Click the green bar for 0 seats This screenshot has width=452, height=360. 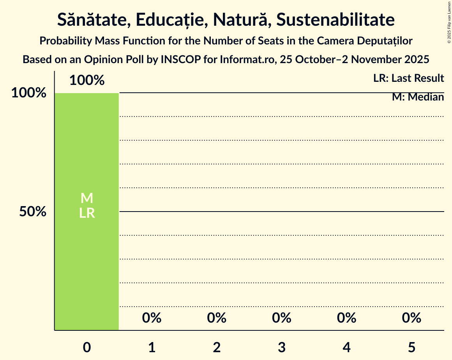pyautogui.click(x=87, y=156)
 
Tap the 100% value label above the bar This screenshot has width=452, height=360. pyautogui.click(x=87, y=81)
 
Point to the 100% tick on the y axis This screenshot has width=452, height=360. pyautogui.click(x=29, y=93)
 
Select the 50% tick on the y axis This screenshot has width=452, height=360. pyautogui.click(x=33, y=212)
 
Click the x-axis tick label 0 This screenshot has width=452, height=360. pyautogui.click(x=87, y=347)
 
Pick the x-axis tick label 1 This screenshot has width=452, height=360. pyautogui.click(x=152, y=347)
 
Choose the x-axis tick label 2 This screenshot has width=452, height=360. pyautogui.click(x=217, y=347)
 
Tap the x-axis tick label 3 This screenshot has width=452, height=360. pyautogui.click(x=282, y=347)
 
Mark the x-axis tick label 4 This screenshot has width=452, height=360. pyautogui.click(x=347, y=347)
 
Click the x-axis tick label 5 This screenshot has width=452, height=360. pyautogui.click(x=411, y=347)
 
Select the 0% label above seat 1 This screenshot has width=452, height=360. pyautogui.click(x=152, y=318)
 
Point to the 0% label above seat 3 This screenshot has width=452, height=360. pyautogui.click(x=282, y=318)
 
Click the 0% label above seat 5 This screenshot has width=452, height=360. pyautogui.click(x=411, y=318)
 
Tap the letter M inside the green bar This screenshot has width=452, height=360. pyautogui.click(x=87, y=198)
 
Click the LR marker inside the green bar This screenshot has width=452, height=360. pyautogui.click(x=87, y=213)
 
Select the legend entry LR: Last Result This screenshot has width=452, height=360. pyautogui.click(x=408, y=78)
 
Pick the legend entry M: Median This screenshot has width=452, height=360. pyautogui.click(x=418, y=97)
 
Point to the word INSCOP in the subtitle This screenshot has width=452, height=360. pyautogui.click(x=177, y=60)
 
